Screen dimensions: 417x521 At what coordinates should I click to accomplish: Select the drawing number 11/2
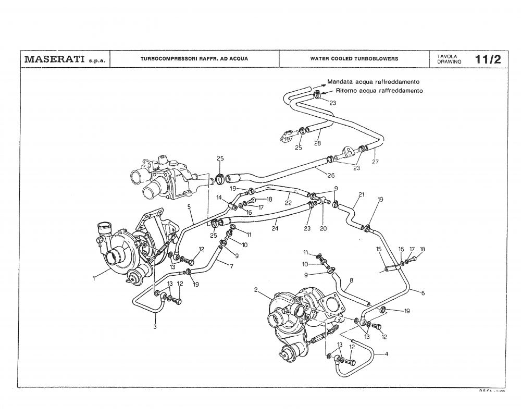tap(488, 59)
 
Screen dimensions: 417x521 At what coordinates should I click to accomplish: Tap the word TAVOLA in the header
tap(447, 56)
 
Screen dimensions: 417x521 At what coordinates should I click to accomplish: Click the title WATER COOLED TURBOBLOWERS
tap(354, 59)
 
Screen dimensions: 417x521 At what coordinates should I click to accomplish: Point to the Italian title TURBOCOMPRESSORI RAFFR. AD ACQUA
tap(194, 59)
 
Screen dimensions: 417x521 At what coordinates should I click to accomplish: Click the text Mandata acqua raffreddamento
tap(373, 82)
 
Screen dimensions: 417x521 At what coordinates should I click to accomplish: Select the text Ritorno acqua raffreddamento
tap(379, 90)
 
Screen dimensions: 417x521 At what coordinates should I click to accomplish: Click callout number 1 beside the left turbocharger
tap(94, 278)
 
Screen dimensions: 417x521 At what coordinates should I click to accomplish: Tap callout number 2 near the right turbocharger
tap(256, 289)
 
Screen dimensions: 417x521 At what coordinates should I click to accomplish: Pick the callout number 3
tap(155, 327)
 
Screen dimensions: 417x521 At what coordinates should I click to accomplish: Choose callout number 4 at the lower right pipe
tap(386, 354)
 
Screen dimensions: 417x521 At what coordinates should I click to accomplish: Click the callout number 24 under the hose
tap(275, 228)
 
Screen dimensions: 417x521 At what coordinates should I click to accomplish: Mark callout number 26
tap(331, 176)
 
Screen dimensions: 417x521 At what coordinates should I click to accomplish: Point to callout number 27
tap(375, 162)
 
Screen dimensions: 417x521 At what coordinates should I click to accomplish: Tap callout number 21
tap(361, 195)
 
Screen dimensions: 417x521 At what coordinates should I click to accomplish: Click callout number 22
tap(288, 203)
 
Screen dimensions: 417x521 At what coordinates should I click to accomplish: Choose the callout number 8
tap(352, 280)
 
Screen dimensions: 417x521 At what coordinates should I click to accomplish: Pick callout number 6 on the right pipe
tap(423, 293)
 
